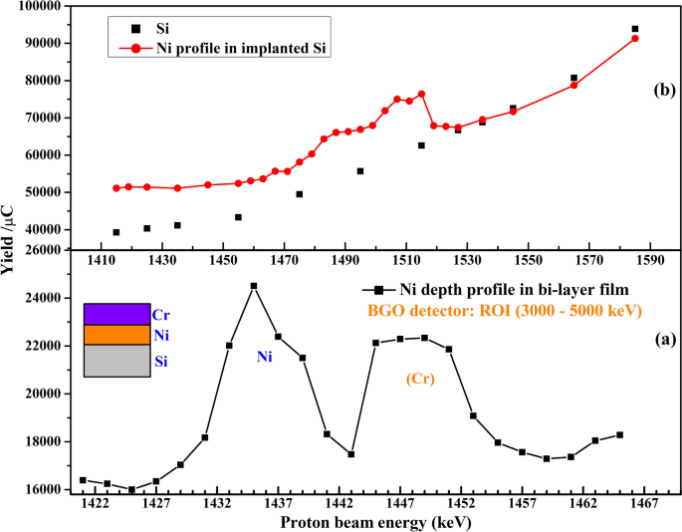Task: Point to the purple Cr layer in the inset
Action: tap(116, 314)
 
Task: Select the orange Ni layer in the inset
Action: tap(116, 335)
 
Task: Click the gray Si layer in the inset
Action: tap(116, 361)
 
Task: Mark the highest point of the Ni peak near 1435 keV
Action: tap(254, 286)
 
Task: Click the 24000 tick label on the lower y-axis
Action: tap(50, 298)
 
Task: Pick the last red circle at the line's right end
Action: tap(635, 39)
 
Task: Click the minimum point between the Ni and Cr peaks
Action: tap(351, 454)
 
